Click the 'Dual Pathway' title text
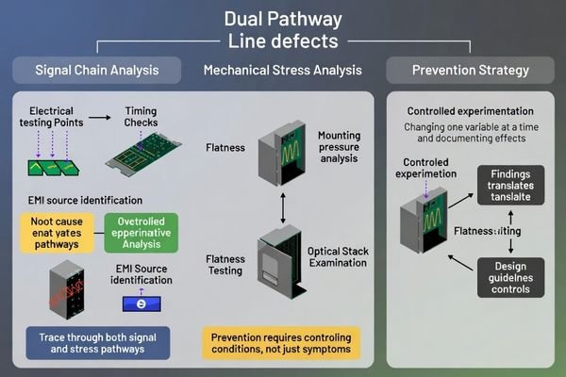click(x=283, y=18)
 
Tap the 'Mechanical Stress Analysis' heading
click(x=282, y=70)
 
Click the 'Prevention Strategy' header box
click(x=471, y=70)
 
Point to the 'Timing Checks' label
click(x=141, y=118)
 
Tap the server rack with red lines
click(x=65, y=284)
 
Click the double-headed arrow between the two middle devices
click(x=282, y=206)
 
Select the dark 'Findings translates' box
click(x=509, y=186)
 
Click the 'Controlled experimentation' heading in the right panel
click(x=469, y=110)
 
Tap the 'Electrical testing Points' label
click(x=51, y=118)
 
